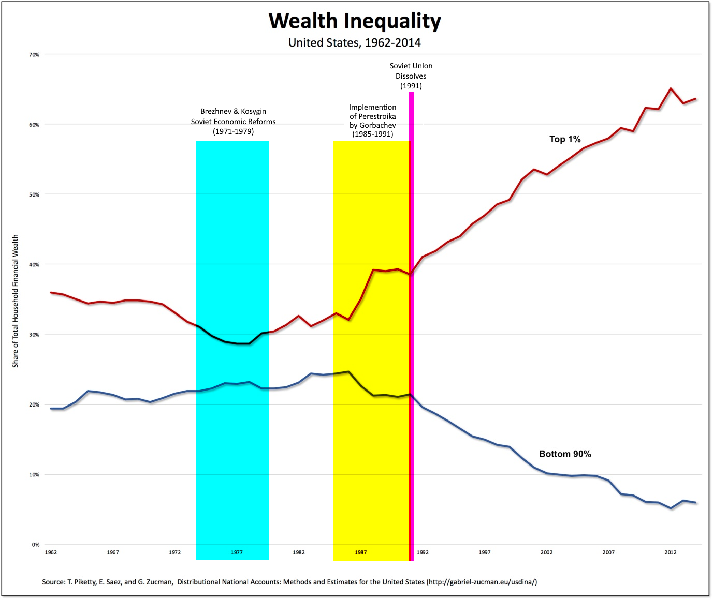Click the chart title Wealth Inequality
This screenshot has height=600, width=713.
tap(355, 21)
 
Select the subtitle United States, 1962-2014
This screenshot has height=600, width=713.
tap(355, 42)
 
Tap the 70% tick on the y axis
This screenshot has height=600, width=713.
tap(34, 55)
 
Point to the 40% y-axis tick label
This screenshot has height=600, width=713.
tap(34, 265)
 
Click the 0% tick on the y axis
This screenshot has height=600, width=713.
tap(36, 545)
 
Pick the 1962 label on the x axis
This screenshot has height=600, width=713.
tap(51, 552)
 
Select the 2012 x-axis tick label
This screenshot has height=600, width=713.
tap(671, 552)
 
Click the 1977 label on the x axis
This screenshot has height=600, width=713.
tap(237, 552)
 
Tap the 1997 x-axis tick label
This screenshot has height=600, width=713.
tap(485, 552)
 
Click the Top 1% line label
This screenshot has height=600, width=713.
tap(565, 139)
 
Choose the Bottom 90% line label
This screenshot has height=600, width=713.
tap(565, 454)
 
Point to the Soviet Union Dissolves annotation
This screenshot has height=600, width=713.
tap(411, 76)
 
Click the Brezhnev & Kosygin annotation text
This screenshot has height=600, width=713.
tap(233, 121)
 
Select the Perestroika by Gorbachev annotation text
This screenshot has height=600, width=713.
tap(372, 121)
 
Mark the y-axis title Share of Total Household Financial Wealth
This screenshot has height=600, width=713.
tap(16, 301)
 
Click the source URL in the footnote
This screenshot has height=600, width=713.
tap(482, 582)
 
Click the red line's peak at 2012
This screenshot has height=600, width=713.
tap(671, 88)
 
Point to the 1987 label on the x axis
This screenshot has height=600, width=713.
tap(361, 552)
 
